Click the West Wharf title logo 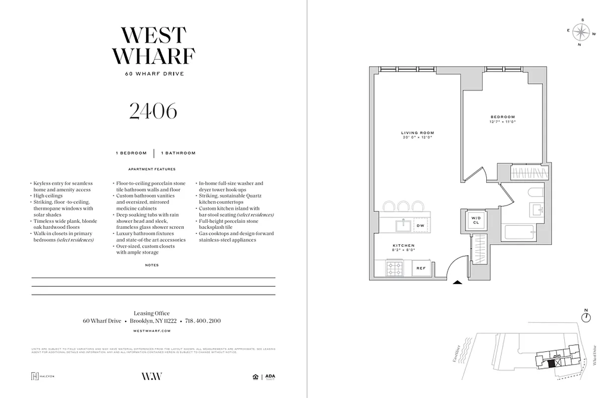153,46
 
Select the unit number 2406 153,111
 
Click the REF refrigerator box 421,269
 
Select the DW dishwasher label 421,226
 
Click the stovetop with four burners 395,269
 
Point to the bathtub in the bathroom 518,234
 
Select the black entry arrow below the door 458,283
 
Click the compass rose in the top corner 580,33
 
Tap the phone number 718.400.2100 203,321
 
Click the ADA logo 270,377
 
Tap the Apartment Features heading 152,169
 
